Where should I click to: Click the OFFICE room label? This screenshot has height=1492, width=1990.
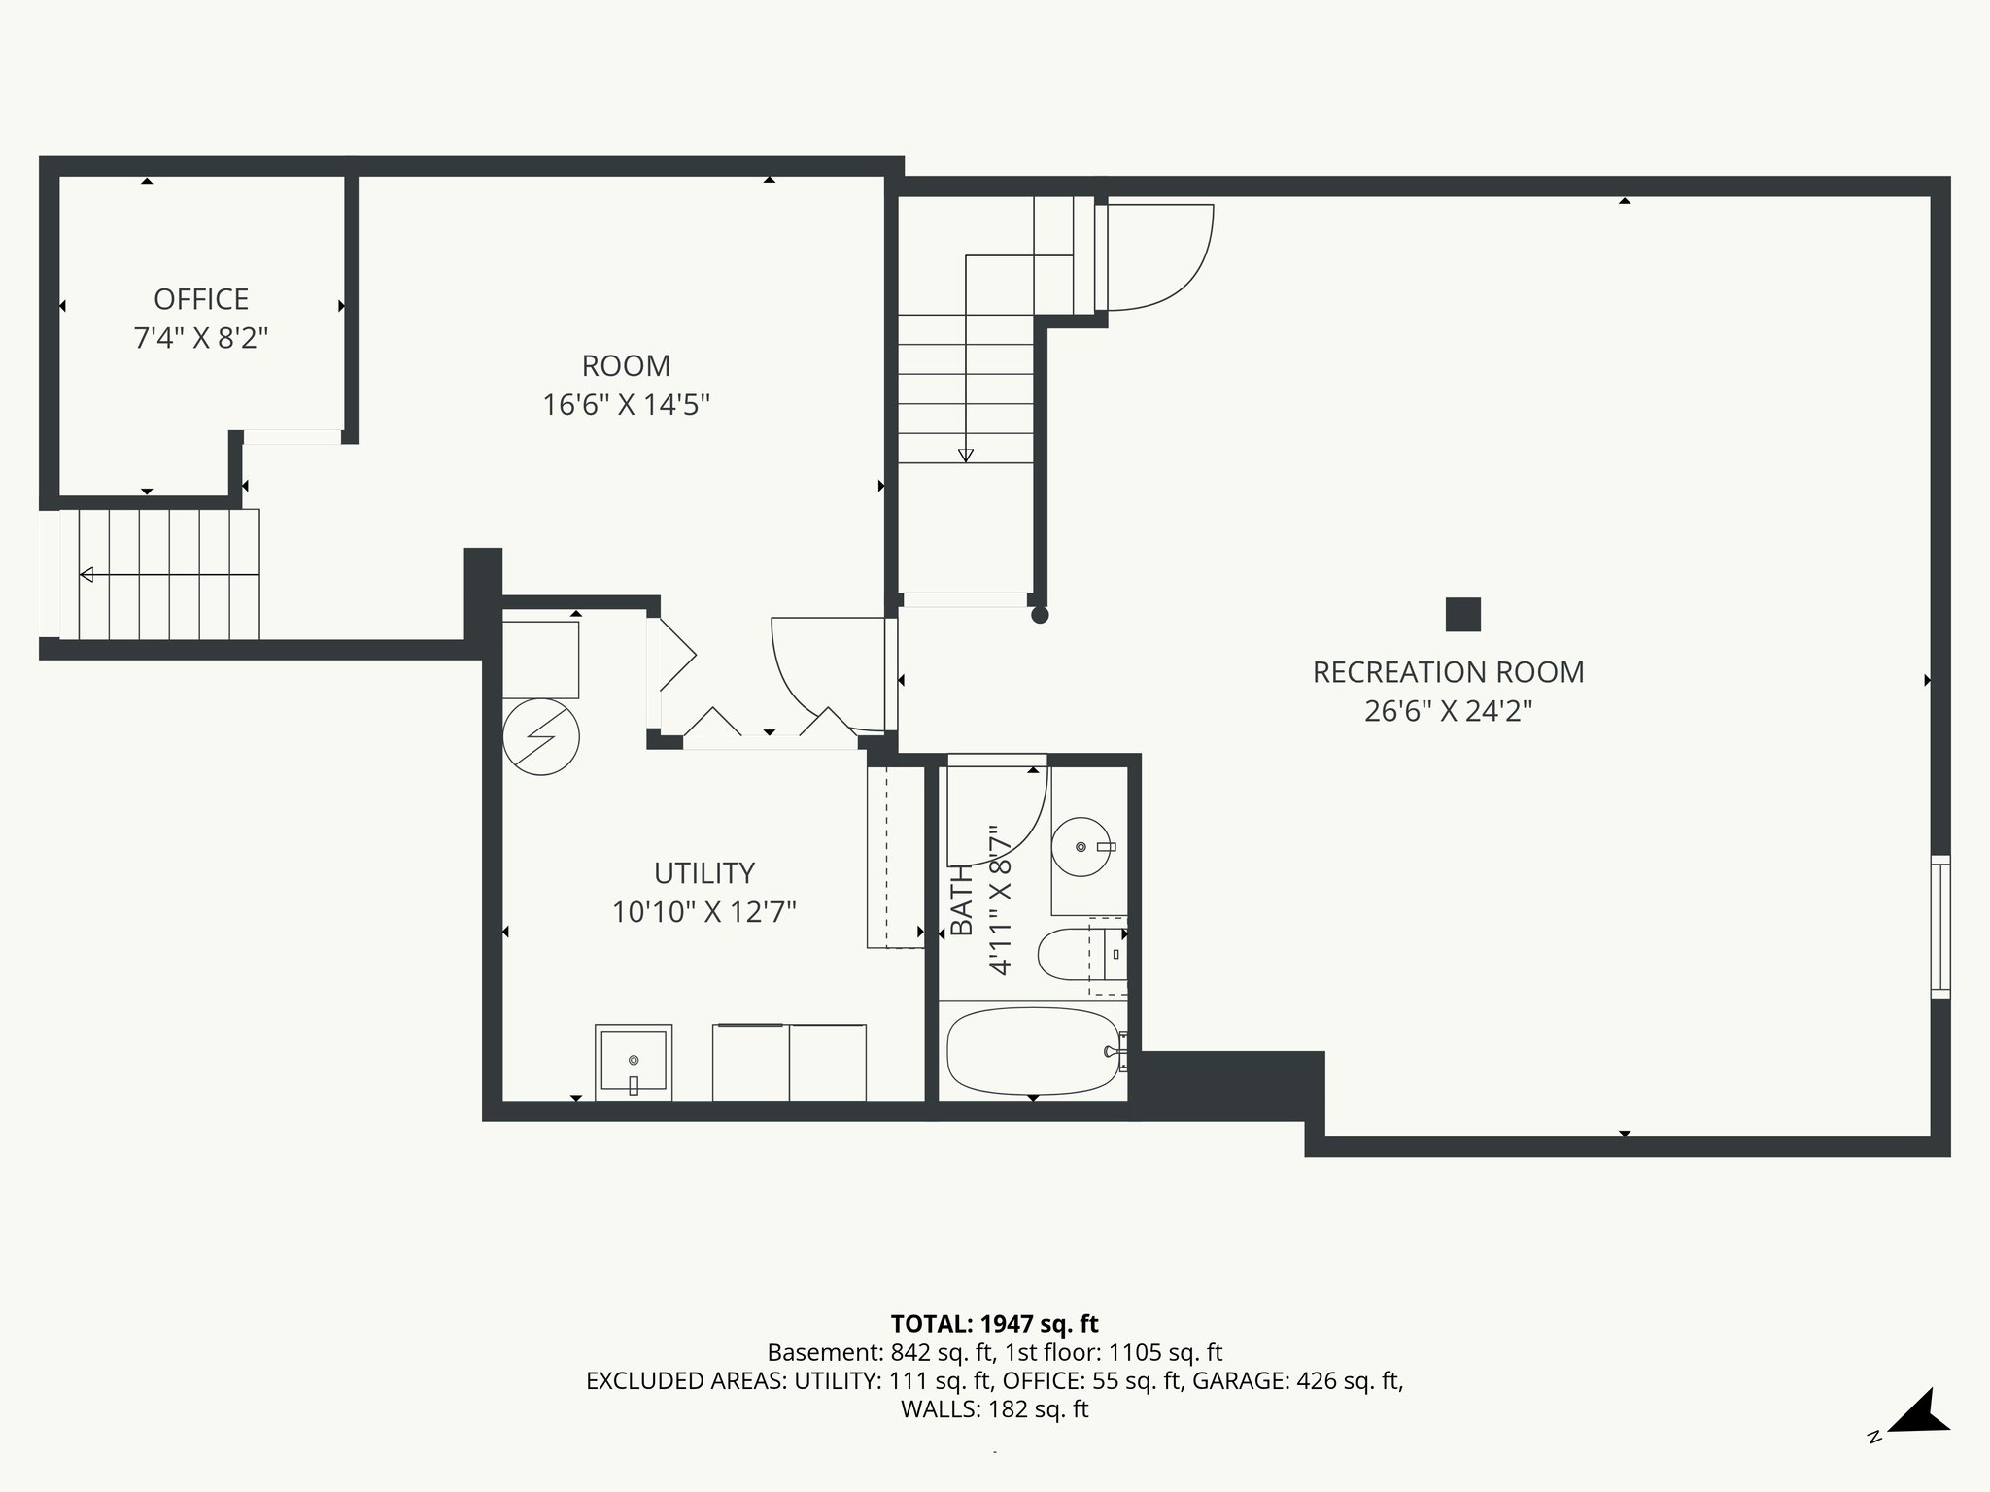pos(201,299)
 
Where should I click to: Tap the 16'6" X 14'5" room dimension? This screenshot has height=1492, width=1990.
pos(626,405)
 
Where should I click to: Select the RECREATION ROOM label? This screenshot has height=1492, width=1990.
pos(1448,672)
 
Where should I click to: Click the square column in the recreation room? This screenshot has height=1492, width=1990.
pos(1462,615)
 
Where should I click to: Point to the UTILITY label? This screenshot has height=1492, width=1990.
pos(703,873)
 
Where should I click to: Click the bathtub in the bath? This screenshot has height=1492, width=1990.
pos(1032,1051)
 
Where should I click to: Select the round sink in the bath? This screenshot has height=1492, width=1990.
pos(1081,847)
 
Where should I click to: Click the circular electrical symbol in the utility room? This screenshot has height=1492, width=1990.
pos(541,736)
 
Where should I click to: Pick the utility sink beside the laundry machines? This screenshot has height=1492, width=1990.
pos(633,1060)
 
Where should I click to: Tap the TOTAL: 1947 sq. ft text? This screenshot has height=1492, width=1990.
pos(994,1324)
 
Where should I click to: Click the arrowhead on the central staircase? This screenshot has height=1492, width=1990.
pos(965,455)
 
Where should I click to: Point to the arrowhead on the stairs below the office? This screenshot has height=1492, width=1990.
pos(86,575)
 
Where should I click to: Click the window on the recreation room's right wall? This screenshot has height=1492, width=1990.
pos(1939,927)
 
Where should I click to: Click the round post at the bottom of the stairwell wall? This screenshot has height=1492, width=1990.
pos(1040,615)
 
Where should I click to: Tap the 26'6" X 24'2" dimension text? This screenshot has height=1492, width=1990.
pos(1448,712)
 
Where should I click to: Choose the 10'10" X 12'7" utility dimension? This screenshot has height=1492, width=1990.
pos(703,913)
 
